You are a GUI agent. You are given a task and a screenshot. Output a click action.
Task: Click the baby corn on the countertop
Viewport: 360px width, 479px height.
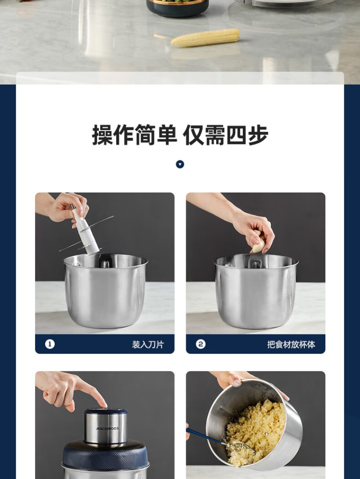click(x=205, y=37)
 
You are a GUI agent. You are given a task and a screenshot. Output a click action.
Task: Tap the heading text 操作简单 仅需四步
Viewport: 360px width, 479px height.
click(x=180, y=135)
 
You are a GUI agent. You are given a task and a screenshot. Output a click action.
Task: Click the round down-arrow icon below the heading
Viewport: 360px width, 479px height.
click(x=180, y=164)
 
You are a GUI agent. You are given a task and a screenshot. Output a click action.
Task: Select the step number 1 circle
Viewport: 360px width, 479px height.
click(x=50, y=344)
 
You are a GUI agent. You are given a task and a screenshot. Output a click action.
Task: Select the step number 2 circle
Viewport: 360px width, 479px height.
click(x=201, y=344)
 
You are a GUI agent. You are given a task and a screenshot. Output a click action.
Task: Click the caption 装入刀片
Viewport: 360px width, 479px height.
click(x=148, y=345)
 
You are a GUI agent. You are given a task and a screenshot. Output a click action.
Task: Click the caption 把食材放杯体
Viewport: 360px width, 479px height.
click(x=291, y=345)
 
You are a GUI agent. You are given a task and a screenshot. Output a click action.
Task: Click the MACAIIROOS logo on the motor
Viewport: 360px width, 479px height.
click(x=107, y=429)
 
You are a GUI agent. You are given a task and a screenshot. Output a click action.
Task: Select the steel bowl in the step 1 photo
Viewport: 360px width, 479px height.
click(x=106, y=290)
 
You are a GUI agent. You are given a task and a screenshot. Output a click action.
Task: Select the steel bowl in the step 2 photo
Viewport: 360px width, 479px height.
click(x=256, y=290)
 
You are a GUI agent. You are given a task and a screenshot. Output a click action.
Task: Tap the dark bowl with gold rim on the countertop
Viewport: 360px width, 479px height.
click(x=178, y=8)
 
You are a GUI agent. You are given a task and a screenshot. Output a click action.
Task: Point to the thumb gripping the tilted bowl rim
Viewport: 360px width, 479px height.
click(x=236, y=381)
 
